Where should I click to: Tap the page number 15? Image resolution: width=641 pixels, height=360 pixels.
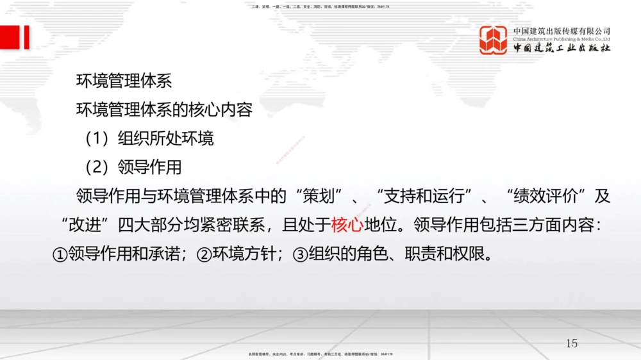[x=571, y=343]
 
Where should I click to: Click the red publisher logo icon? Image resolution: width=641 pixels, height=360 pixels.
[x=494, y=40]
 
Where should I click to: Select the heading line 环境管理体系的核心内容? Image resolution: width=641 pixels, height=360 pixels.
[x=165, y=110]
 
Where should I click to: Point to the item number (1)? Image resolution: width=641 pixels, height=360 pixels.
[x=98, y=138]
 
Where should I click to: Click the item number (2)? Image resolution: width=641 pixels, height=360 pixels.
[x=98, y=167]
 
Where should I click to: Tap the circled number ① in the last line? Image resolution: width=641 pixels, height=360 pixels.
[x=59, y=254]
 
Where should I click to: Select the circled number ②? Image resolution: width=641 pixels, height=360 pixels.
[x=204, y=254]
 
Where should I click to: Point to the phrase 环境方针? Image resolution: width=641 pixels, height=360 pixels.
[x=244, y=254]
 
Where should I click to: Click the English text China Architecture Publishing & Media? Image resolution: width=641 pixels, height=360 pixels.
[x=561, y=39]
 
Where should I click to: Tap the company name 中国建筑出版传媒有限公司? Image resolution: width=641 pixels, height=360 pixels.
[x=562, y=31]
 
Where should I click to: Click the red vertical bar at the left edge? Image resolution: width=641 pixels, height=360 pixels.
[x=26, y=37]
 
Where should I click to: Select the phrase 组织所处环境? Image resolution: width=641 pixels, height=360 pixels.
[x=166, y=138]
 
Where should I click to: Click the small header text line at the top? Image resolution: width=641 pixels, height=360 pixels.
[x=320, y=6]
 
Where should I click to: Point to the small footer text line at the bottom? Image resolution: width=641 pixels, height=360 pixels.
[x=320, y=354]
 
